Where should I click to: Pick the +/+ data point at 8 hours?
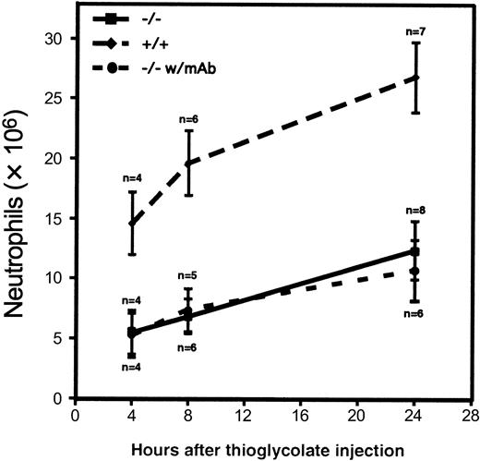[188, 164]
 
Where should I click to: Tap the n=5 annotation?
[188, 274]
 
